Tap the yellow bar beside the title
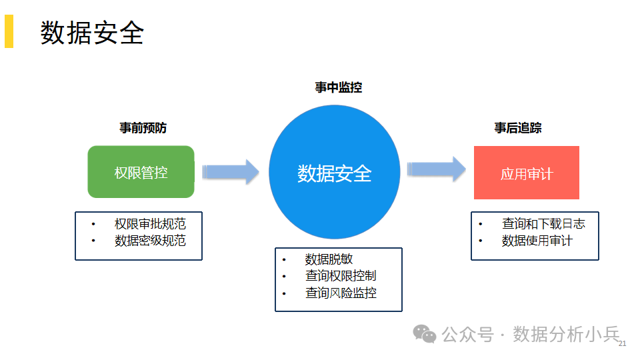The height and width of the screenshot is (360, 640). point(9,31)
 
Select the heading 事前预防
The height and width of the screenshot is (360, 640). point(143,128)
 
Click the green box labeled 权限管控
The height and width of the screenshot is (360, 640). point(141,172)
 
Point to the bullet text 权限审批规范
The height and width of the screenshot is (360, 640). point(150,224)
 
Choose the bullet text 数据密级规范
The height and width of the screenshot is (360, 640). point(150,241)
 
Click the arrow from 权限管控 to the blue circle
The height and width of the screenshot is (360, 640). point(231,171)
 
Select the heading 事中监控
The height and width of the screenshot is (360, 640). point(339,87)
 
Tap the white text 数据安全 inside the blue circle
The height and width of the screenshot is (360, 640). point(335,173)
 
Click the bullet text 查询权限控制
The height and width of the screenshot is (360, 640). point(341,276)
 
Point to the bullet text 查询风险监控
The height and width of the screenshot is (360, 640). point(341,293)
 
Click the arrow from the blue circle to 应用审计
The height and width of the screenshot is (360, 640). point(437,169)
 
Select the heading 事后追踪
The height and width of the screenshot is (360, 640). point(518,128)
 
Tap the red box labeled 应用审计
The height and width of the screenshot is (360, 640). point(527,173)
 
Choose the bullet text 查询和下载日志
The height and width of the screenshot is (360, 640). point(543,224)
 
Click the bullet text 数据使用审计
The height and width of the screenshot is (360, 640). point(537,241)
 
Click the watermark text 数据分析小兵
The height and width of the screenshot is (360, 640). point(566,334)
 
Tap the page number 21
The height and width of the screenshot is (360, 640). point(623,344)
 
